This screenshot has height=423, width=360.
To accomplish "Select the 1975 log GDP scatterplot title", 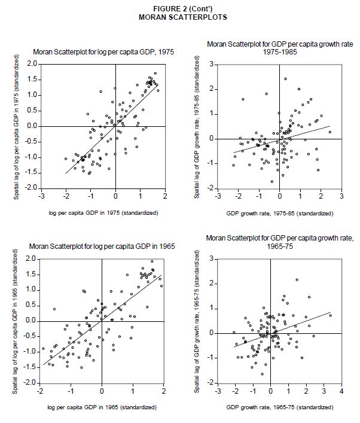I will (103, 53).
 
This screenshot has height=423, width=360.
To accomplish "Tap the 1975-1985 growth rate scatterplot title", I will (273, 48).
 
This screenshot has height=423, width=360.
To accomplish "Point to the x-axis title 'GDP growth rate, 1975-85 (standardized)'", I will (280, 213).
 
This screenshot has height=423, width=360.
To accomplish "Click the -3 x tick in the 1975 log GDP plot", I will (41, 196).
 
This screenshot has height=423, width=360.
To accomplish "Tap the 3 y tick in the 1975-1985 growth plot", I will (212, 64).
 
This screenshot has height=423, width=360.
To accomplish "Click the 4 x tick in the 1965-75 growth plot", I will (341, 391).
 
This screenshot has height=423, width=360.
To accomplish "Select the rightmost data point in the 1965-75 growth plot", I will (330, 315).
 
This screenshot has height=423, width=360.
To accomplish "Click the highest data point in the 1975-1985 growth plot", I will (285, 79).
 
